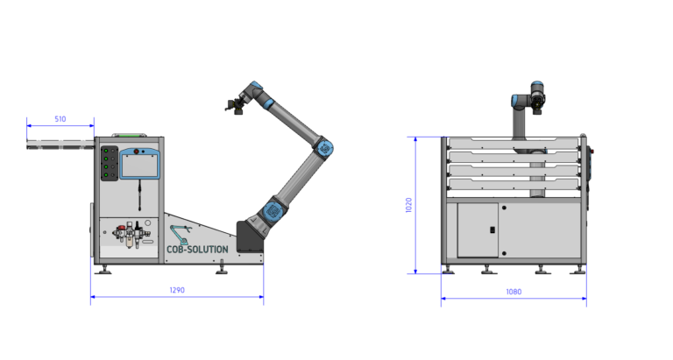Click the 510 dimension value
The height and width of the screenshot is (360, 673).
(60, 119)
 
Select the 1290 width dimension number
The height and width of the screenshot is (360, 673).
(177, 290)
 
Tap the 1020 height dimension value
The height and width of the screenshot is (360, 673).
(408, 205)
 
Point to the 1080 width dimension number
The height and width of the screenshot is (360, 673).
(514, 292)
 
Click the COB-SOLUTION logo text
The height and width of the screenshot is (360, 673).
(197, 250)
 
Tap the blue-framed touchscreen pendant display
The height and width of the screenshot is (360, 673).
(139, 164)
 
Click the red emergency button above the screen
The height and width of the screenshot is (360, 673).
(137, 152)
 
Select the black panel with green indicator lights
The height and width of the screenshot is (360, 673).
(109, 164)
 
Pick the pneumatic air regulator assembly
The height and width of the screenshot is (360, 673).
(131, 235)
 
